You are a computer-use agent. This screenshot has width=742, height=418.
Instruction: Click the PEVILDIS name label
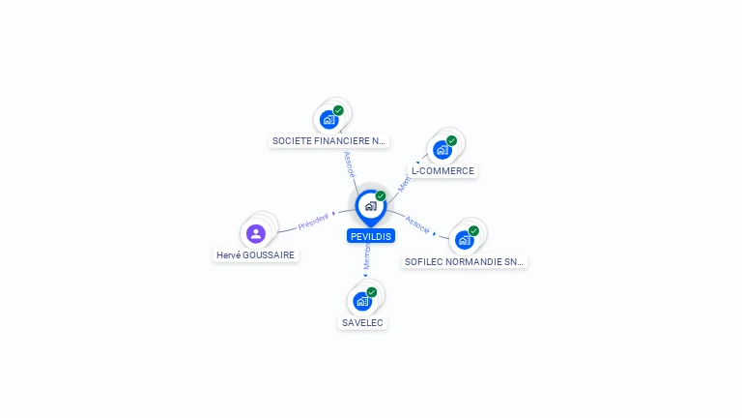click(371, 236)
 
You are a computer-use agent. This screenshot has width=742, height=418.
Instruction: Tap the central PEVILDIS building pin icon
click(370, 206)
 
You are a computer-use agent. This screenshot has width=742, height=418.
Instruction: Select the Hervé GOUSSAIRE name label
click(256, 255)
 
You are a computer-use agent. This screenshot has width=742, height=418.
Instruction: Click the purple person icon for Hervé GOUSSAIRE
click(256, 233)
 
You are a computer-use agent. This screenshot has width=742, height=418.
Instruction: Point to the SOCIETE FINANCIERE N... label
click(328, 141)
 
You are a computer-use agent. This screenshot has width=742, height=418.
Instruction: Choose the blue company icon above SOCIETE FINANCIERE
click(328, 120)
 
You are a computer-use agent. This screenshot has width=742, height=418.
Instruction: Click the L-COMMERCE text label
click(442, 171)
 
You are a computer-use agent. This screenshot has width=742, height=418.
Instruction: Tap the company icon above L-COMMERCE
click(442, 150)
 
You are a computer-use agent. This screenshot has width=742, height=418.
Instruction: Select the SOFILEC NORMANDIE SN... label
click(466, 261)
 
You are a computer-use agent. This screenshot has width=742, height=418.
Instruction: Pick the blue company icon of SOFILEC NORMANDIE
click(464, 240)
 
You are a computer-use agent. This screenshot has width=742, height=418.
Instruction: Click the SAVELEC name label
click(363, 322)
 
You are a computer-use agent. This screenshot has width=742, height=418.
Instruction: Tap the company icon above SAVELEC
click(362, 301)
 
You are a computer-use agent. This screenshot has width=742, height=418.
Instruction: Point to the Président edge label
click(313, 221)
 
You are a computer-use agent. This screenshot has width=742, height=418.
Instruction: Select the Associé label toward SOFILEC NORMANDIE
click(417, 224)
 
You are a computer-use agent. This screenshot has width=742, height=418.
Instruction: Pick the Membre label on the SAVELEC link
click(367, 256)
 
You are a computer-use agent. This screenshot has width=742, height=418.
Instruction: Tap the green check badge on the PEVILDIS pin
click(381, 195)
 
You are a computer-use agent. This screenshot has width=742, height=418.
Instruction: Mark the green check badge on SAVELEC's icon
click(372, 291)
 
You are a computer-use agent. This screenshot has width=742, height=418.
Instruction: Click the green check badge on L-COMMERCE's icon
click(451, 140)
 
